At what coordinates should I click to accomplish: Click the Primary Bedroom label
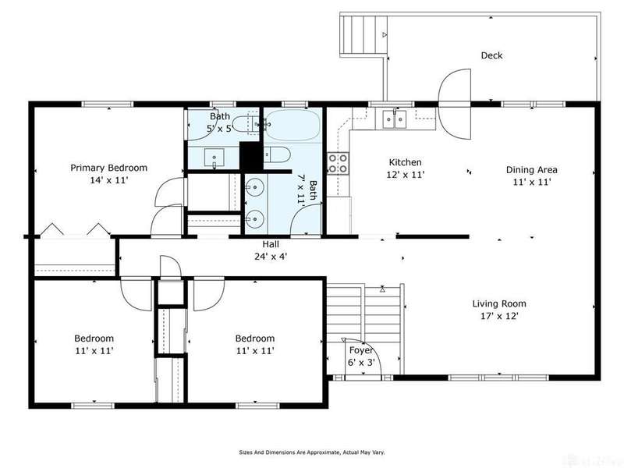pyautogui.click(x=108, y=168)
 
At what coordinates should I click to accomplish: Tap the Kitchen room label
pyautogui.click(x=405, y=162)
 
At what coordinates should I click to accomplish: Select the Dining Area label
pyautogui.click(x=531, y=170)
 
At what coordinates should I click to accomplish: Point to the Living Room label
pyautogui.click(x=499, y=304)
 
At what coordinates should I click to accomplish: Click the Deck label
pyautogui.click(x=491, y=55)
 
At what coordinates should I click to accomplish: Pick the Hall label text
pyautogui.click(x=271, y=244)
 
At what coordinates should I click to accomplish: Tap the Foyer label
pyautogui.click(x=361, y=350)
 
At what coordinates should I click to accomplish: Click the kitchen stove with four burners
pyautogui.click(x=338, y=164)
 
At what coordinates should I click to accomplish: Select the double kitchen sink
pyautogui.click(x=395, y=119)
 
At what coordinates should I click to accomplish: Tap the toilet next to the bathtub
pyautogui.click(x=277, y=154)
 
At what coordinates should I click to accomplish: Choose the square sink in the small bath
pyautogui.click(x=214, y=158)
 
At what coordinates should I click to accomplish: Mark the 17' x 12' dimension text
pyautogui.click(x=499, y=317)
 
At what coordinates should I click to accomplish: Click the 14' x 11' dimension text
pyautogui.click(x=108, y=180)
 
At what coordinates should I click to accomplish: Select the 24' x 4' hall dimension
pyautogui.click(x=271, y=257)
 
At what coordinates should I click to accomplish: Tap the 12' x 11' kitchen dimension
pyautogui.click(x=405, y=175)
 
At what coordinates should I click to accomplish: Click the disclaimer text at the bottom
pyautogui.click(x=311, y=452)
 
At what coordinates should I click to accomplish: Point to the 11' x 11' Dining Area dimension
pyautogui.click(x=532, y=183)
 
